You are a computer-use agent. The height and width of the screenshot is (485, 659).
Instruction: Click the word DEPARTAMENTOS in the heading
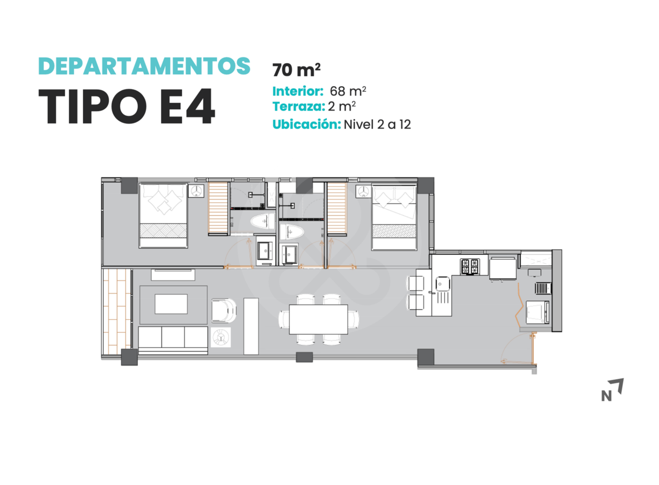click(144, 66)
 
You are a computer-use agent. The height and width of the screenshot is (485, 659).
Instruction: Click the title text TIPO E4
click(127, 106)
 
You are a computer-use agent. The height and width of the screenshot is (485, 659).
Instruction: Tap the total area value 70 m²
click(296, 70)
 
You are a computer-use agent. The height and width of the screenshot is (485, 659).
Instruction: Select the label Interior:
click(298, 91)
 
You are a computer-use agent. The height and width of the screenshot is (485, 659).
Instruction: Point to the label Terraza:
click(299, 106)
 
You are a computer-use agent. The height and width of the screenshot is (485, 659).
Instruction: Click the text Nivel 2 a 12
click(377, 125)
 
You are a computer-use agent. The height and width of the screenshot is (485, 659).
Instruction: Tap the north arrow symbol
click(612, 390)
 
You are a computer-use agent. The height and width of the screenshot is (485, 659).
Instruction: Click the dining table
click(319, 319)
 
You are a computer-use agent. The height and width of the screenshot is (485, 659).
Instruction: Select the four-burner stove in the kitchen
click(470, 266)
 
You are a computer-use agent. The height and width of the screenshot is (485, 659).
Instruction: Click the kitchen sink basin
click(443, 284)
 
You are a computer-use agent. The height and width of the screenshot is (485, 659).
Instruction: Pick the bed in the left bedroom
click(163, 216)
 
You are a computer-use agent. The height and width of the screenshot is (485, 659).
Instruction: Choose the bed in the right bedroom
click(394, 217)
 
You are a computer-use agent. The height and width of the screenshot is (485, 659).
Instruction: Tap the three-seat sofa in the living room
click(173, 340)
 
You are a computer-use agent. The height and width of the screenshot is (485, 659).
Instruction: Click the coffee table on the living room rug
click(171, 304)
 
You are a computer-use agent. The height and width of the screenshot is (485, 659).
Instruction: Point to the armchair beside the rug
click(224, 310)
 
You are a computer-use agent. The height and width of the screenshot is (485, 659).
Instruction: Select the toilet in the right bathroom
click(291, 232)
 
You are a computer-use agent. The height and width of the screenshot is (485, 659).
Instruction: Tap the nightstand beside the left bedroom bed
click(196, 191)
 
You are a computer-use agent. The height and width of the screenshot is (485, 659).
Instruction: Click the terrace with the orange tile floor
click(117, 311)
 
